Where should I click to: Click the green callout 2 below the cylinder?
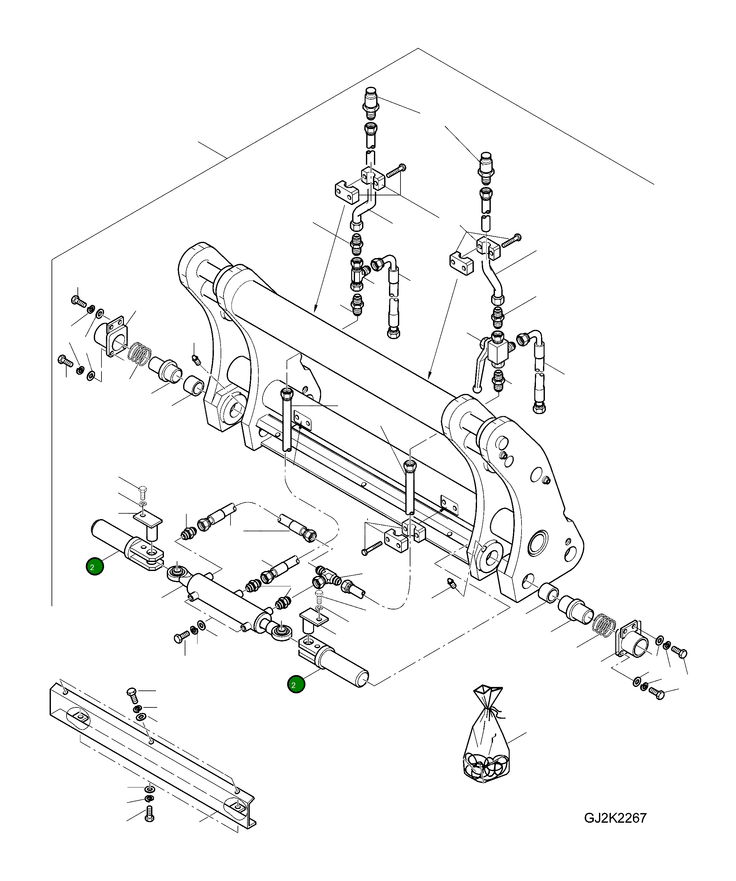tap(296, 685)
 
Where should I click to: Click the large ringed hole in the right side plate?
tap(538, 546)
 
